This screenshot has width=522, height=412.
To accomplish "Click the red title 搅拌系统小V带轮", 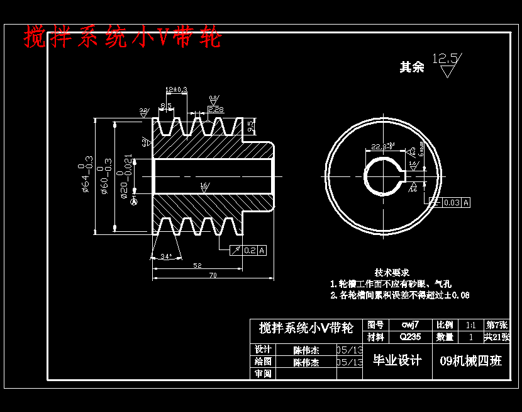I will tap(123, 38).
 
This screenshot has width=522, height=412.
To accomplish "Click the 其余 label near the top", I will tap(412, 67).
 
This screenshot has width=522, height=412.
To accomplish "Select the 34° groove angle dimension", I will tap(166, 256).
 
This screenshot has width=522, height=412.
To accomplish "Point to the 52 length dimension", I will tap(197, 266).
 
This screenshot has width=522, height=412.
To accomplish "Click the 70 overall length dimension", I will tap(213, 275).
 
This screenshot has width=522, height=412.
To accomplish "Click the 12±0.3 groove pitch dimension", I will tap(176, 90).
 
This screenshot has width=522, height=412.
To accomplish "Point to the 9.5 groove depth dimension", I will tap(251, 126).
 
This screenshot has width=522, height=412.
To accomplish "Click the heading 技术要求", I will tap(392, 272).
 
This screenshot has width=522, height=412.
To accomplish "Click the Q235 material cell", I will tap(410, 337).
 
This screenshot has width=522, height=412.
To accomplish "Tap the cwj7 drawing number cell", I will tap(410, 325).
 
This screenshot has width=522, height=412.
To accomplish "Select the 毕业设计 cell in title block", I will tap(397, 360).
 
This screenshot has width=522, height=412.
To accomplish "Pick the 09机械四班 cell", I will tap(470, 361).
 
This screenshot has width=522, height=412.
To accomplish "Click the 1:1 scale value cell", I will tap(470, 325).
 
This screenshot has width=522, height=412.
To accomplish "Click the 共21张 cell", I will tap(497, 337).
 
